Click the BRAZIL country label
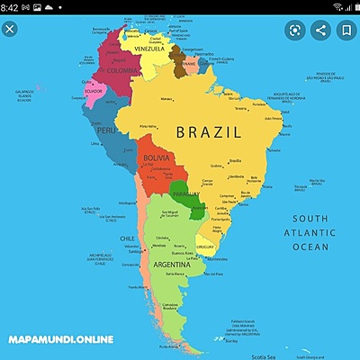tap(208, 132)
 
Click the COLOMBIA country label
tap(122, 70)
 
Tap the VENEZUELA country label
tap(150, 49)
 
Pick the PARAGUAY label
tap(185, 194)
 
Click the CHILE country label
tap(128, 238)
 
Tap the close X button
tap(10, 30)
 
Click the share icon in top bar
tap(319, 30)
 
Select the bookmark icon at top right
tap(345, 30)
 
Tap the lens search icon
tap(293, 30)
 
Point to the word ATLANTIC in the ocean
tap(309, 232)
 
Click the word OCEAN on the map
tap(310, 247)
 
